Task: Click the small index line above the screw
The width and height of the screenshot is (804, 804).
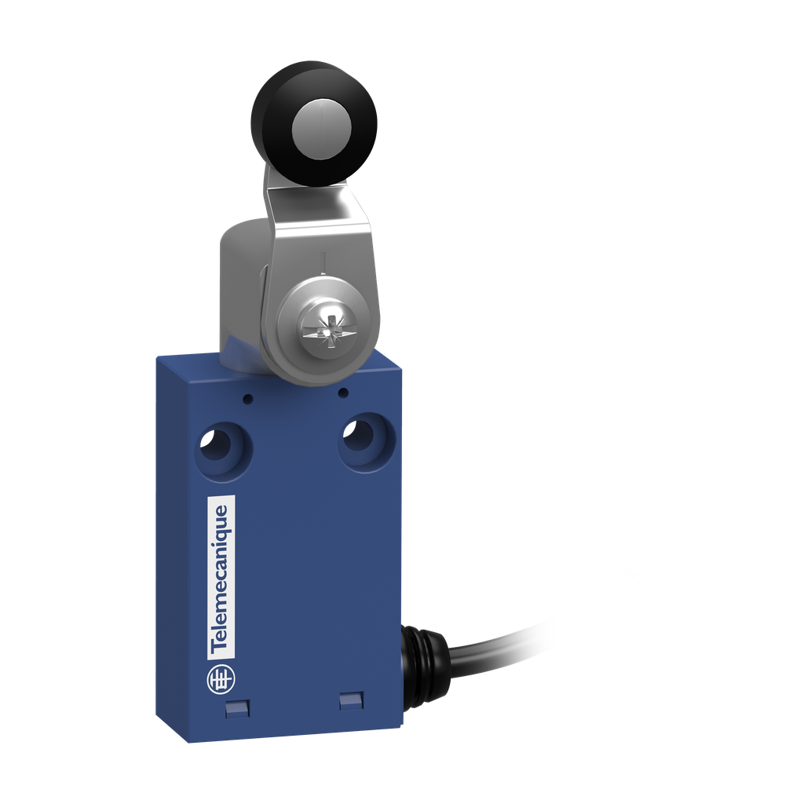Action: point(323,259)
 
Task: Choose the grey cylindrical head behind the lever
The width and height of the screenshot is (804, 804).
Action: point(239,291)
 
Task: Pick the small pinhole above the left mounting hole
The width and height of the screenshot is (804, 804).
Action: point(247,399)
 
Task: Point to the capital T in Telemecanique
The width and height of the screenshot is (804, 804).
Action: point(222,649)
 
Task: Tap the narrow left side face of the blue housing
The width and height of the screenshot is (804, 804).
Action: point(172,550)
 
